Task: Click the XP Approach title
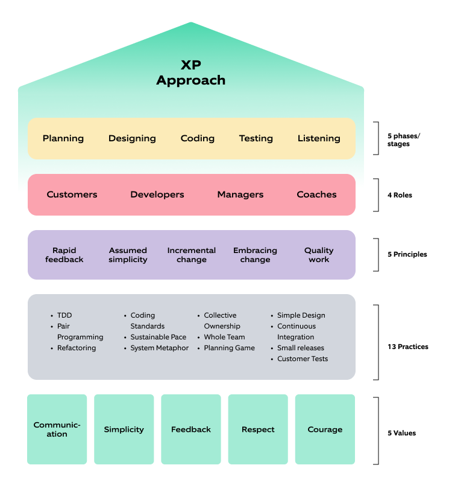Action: click(190, 72)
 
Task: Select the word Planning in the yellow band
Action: click(63, 138)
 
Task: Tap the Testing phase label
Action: click(256, 138)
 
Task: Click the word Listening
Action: click(319, 138)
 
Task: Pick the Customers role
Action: click(72, 194)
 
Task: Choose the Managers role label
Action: click(240, 194)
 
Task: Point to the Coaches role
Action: click(316, 194)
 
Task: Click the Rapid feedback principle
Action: click(64, 255)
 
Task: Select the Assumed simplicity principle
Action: click(128, 255)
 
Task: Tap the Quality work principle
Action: click(319, 255)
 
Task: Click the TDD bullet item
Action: click(64, 315)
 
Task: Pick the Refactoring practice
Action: click(77, 348)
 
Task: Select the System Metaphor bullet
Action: click(160, 348)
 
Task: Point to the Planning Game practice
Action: click(229, 348)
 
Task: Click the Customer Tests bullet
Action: click(303, 359)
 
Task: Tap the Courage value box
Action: click(325, 429)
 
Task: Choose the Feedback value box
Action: click(191, 429)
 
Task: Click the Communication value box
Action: click(57, 429)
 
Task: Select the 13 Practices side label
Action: click(408, 347)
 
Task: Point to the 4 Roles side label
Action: click(400, 195)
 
